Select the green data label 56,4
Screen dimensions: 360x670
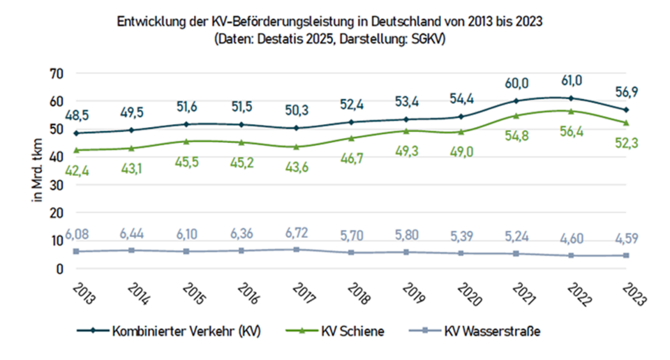pos(572,130)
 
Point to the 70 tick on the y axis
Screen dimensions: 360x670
pos(57,73)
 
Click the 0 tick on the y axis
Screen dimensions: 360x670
pos(60,269)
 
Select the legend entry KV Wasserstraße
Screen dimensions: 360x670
pos(492,331)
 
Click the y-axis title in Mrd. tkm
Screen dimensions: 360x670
pos(36,171)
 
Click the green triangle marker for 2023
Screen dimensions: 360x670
pos(627,123)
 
